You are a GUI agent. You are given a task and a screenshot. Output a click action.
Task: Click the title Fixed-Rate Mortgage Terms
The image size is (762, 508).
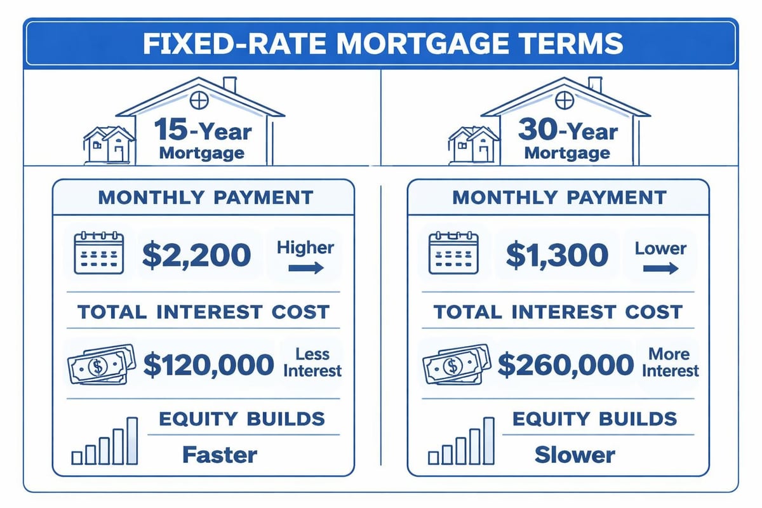[381, 43]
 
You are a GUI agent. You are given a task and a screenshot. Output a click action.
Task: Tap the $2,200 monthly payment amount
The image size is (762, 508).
[196, 255]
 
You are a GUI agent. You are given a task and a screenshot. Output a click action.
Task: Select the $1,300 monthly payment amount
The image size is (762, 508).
[557, 255]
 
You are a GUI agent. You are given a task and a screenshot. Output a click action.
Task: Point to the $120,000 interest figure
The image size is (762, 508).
[209, 364]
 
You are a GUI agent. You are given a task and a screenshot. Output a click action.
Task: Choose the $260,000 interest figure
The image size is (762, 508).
[565, 364]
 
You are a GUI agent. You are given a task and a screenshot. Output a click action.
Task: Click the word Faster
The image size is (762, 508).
[220, 455]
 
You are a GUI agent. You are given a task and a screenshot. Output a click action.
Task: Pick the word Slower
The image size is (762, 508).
[575, 455]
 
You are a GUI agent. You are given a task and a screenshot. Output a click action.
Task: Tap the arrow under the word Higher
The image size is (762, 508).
[306, 269]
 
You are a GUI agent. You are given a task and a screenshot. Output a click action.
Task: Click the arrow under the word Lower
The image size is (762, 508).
[660, 269]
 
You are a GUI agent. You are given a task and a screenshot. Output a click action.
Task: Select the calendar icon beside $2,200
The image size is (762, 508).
[99, 253]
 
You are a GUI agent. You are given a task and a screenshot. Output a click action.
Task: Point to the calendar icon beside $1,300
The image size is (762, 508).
[453, 253]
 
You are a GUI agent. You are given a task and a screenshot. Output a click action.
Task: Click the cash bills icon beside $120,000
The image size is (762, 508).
[101, 364]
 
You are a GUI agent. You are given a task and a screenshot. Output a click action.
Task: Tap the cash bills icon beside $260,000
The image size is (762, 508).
[456, 364]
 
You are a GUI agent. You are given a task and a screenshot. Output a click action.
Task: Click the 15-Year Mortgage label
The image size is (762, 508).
[202, 141]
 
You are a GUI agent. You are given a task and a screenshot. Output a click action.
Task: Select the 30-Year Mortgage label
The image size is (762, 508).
[567, 141]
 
